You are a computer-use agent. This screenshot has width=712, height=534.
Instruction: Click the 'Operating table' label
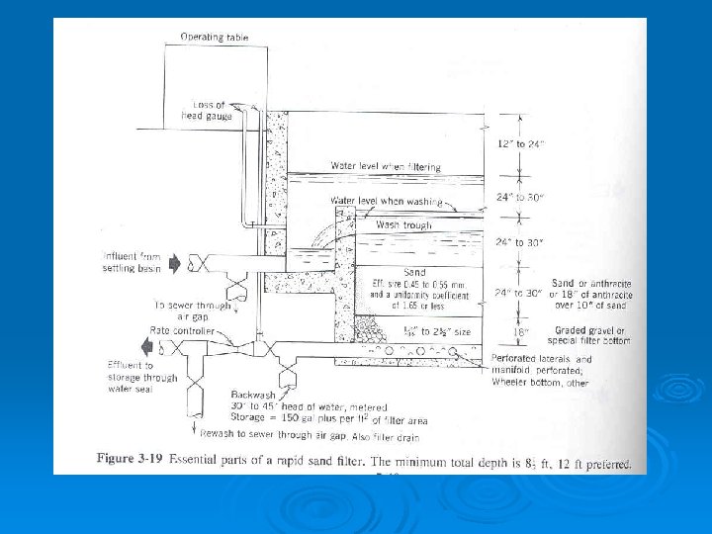point(215,38)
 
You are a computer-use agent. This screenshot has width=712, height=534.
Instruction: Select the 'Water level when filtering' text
point(386,167)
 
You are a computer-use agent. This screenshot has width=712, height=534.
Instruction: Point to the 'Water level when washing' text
point(386,201)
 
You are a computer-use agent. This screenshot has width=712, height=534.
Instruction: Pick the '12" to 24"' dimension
point(519,145)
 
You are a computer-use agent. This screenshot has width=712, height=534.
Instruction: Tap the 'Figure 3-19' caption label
point(130,461)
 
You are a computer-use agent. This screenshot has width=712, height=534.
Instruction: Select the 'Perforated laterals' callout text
point(541,359)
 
